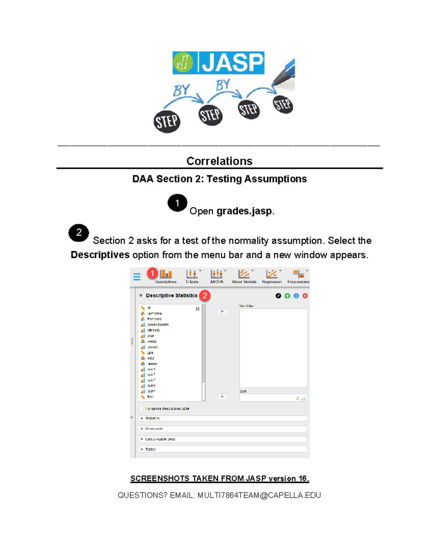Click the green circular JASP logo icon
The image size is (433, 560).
[183, 62]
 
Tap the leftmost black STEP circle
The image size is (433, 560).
[167, 122]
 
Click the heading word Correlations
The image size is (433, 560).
[219, 161]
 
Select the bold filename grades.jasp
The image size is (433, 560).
[244, 211]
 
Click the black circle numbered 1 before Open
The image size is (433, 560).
[177, 203]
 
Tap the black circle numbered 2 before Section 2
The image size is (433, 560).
[79, 233]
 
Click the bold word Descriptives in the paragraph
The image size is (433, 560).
[100, 255]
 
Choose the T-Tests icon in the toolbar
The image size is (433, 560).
[192, 275]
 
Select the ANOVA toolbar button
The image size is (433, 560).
[217, 275]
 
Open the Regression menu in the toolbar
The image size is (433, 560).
[272, 275]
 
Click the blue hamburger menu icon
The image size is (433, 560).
[137, 277]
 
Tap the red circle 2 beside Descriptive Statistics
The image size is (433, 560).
[205, 296]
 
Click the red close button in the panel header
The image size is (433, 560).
[305, 296]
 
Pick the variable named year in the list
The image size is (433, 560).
[150, 336]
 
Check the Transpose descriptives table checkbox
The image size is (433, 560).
[141, 409]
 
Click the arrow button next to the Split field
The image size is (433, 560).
[222, 397]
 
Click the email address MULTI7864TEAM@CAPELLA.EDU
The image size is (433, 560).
[259, 495]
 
